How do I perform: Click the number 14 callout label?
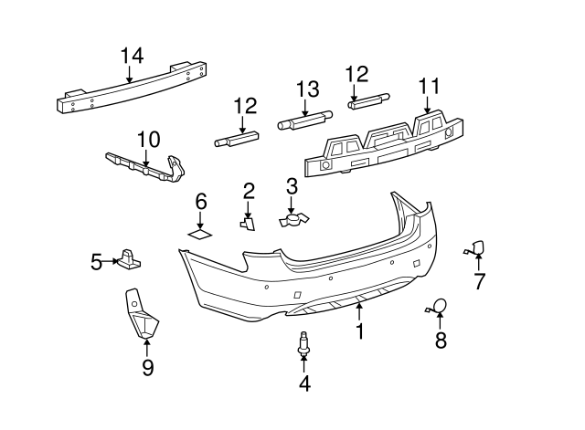click(x=132, y=56)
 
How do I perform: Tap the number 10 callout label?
click(x=148, y=140)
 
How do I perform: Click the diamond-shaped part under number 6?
click(x=200, y=234)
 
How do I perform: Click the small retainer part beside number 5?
click(x=129, y=260)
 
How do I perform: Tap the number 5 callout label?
click(x=97, y=263)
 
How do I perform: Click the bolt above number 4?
click(x=304, y=346)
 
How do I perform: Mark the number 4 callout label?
click(x=304, y=384)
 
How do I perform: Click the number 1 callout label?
click(x=359, y=331)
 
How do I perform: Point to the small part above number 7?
click(x=478, y=246)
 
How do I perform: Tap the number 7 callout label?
click(x=479, y=281)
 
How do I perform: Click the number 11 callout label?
click(x=429, y=87)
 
